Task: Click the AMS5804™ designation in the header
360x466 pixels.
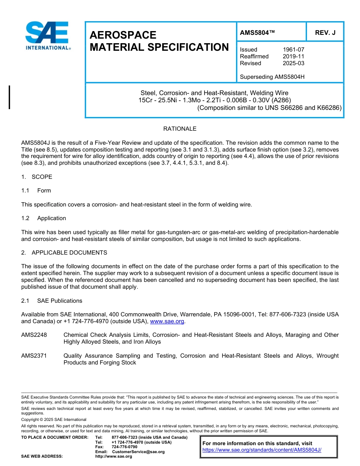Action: coord(257,33)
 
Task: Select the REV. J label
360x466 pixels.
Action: coord(325,33)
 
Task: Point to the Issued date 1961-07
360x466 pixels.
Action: coord(293,50)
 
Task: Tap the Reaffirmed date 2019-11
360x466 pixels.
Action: coord(293,56)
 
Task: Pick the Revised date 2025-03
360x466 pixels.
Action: coord(293,63)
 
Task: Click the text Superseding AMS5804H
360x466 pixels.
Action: coord(272,77)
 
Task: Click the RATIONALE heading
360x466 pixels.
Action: coord(180,129)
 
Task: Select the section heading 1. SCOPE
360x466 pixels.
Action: coord(37,177)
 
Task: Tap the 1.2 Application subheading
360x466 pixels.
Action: coord(44,218)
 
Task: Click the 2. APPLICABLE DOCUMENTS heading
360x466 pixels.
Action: coord(64,253)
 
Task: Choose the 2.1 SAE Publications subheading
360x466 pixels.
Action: coord(52,301)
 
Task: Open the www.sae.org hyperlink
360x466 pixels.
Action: coord(167,321)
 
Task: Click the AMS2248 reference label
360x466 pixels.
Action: coord(34,335)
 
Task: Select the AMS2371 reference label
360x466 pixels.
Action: coord(34,356)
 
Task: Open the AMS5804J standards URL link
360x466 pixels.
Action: coord(262,450)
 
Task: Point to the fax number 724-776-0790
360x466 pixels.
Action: coord(124,447)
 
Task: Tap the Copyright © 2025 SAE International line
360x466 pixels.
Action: coord(54,419)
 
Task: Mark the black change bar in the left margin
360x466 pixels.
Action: coord(9,97)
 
